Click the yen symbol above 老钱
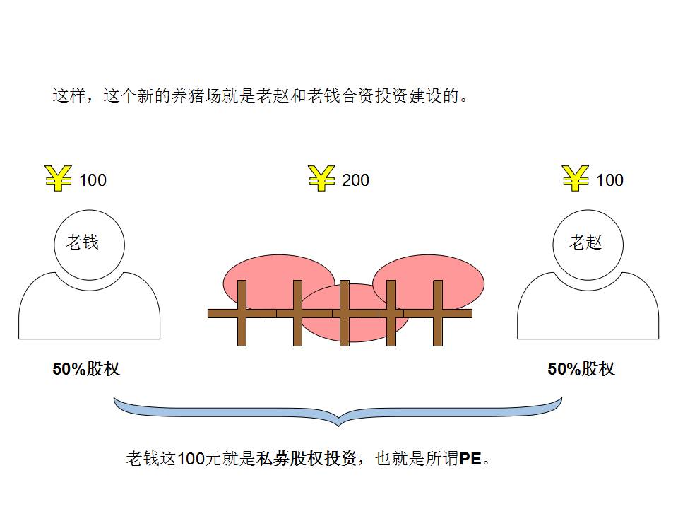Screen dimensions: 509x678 (59, 178)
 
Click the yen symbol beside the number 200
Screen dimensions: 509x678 (321, 178)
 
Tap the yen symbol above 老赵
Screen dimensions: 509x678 (576, 178)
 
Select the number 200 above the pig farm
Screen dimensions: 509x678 (355, 180)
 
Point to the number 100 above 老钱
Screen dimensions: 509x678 (93, 180)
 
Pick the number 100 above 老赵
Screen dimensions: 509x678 (609, 180)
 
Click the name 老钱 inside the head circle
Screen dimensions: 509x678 (82, 242)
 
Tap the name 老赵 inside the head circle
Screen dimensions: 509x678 (585, 242)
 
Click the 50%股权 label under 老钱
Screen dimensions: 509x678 (86, 369)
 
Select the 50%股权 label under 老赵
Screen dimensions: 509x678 (581, 369)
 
